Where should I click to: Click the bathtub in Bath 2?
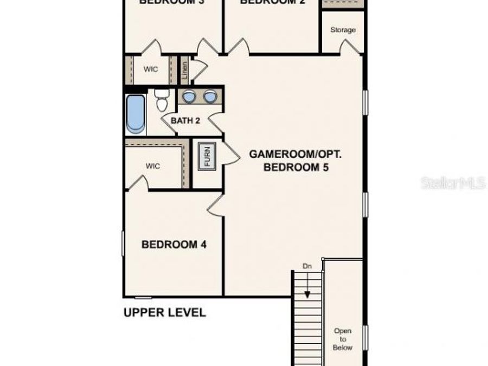coord(136,114)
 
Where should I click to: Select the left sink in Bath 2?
coord(189,97)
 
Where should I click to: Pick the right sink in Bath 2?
coord(210,97)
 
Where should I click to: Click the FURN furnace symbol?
coord(206,156)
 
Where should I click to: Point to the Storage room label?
coord(343,30)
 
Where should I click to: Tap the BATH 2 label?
coord(185,120)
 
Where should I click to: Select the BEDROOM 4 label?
coord(174,245)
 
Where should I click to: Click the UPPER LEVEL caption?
coord(165,312)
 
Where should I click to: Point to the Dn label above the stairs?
coord(307,266)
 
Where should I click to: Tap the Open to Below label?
coord(343,339)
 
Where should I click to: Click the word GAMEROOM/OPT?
coord(296,154)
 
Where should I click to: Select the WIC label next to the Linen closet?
coord(150,69)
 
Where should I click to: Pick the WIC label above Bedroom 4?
coord(153,166)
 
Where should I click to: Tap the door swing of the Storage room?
coord(351,47)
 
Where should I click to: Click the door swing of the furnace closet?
coord(231,154)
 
